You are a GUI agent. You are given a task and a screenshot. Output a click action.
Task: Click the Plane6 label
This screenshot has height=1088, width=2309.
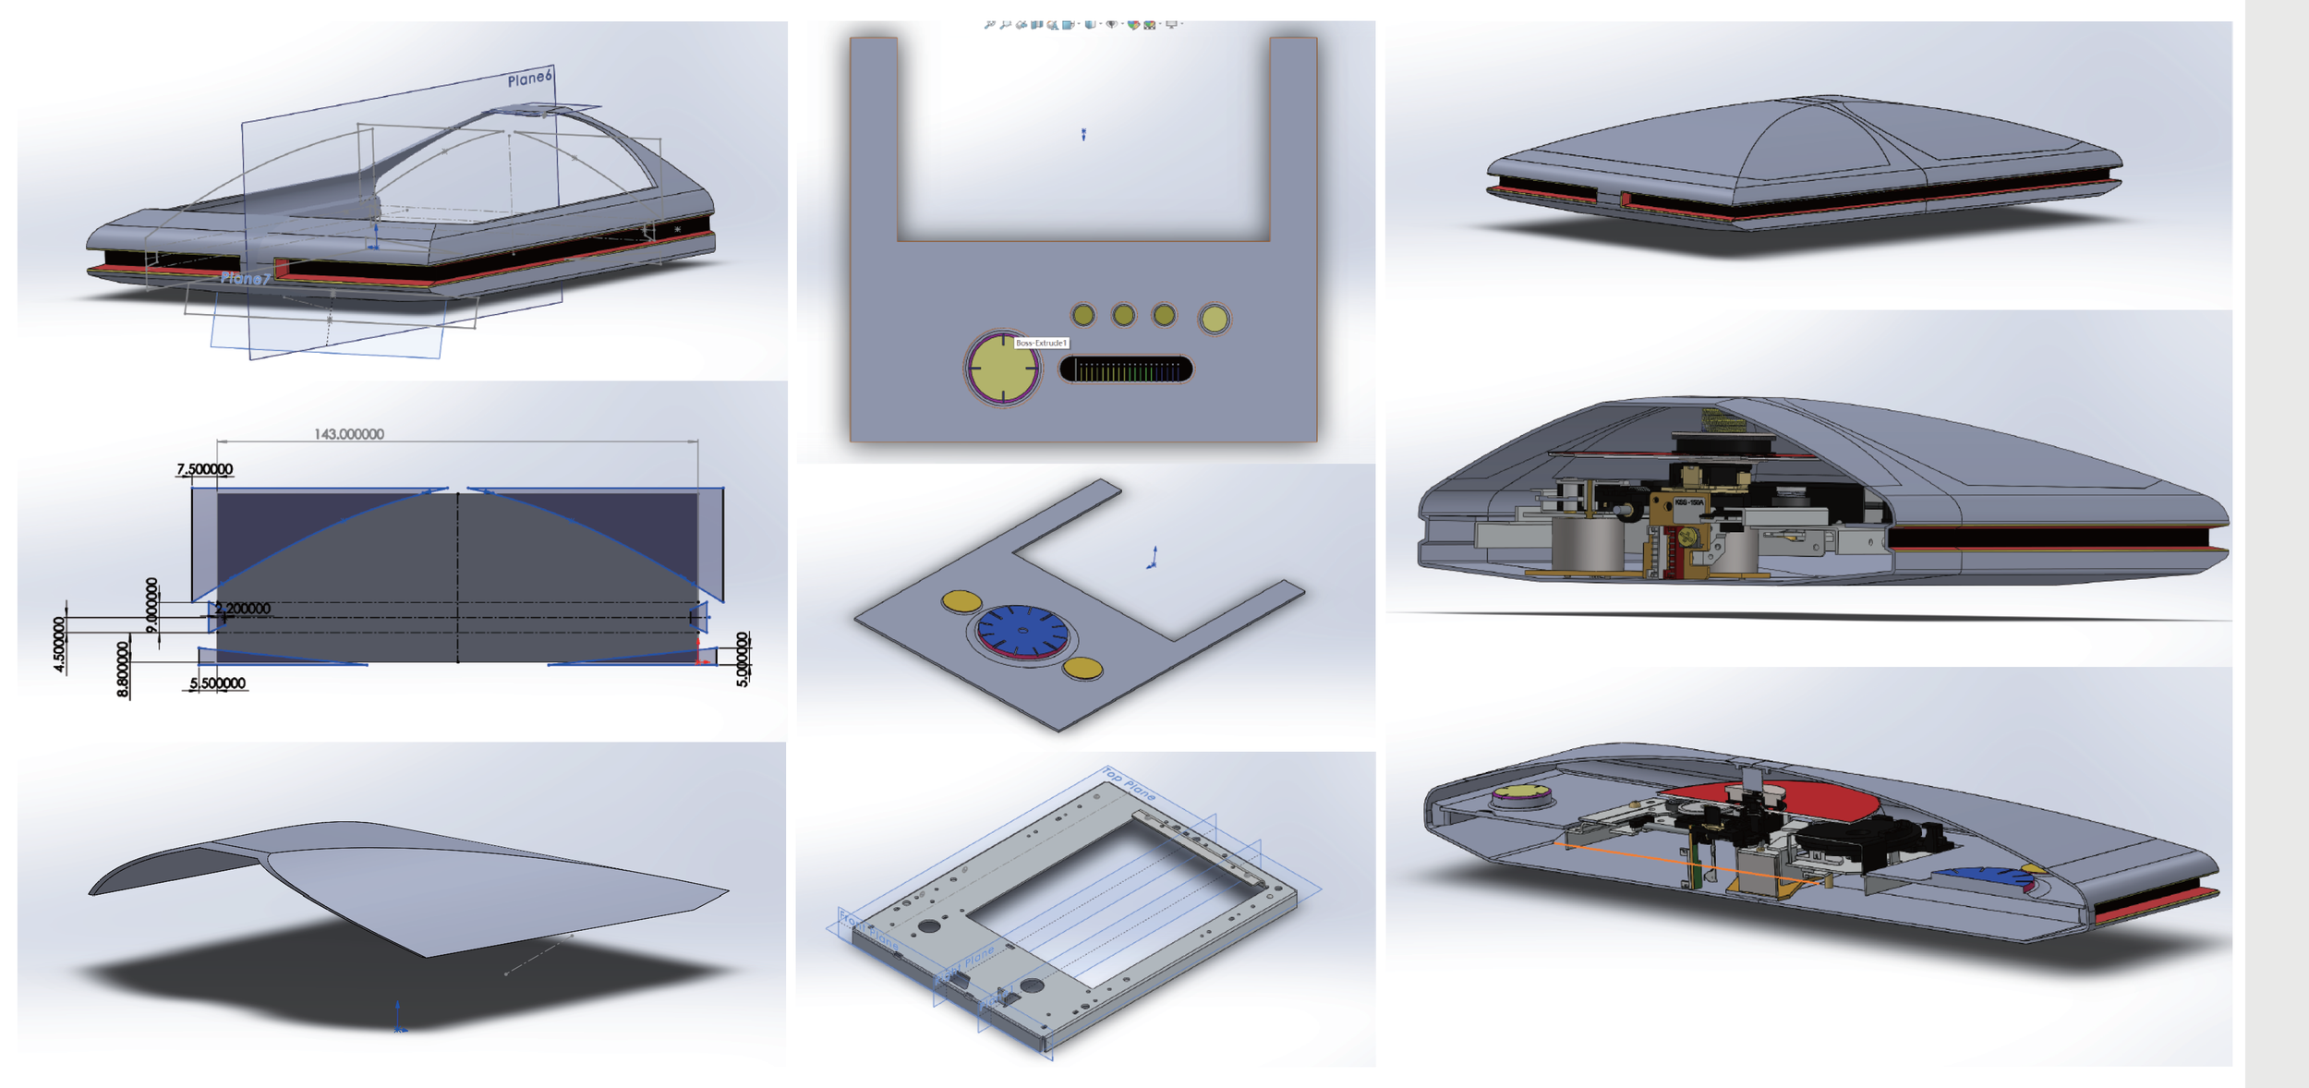click(x=529, y=79)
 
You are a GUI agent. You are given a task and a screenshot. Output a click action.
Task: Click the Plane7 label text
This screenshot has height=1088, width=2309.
click(x=246, y=278)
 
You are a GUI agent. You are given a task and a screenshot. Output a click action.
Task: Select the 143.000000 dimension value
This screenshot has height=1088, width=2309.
click(x=349, y=434)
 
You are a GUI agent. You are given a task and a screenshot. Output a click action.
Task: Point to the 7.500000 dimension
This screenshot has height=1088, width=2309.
click(x=205, y=469)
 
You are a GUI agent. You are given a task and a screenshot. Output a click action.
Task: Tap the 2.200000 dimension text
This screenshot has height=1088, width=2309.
click(x=243, y=609)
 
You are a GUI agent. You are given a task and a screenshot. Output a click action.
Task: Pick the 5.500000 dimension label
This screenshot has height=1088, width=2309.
click(x=218, y=683)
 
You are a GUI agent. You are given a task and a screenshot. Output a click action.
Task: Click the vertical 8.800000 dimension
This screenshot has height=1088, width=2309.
click(x=123, y=670)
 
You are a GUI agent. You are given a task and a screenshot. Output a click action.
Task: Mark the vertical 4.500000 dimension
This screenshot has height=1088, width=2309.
click(x=59, y=645)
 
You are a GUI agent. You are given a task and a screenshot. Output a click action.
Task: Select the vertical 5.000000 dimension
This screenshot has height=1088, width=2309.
click(x=743, y=659)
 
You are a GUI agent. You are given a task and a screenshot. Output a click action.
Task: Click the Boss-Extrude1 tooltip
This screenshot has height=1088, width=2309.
click(x=1041, y=343)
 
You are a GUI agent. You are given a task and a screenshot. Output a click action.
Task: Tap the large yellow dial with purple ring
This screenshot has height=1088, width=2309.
click(x=1002, y=368)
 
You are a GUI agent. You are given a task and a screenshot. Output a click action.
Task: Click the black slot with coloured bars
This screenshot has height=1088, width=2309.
click(x=1127, y=370)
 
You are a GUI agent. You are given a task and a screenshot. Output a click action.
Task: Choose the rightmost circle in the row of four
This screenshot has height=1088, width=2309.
click(x=1214, y=320)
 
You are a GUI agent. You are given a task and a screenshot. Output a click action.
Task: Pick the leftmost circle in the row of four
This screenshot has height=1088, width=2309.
click(x=1083, y=316)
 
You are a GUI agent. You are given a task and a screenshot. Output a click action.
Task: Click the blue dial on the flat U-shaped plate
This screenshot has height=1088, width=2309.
click(x=1022, y=632)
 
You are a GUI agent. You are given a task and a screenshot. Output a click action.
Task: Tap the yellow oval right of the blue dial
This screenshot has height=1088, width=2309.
click(x=1082, y=667)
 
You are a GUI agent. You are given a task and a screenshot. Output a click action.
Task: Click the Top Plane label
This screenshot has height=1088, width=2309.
click(x=1129, y=783)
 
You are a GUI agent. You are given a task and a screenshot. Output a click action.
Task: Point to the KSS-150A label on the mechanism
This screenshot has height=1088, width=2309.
click(x=1689, y=503)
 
